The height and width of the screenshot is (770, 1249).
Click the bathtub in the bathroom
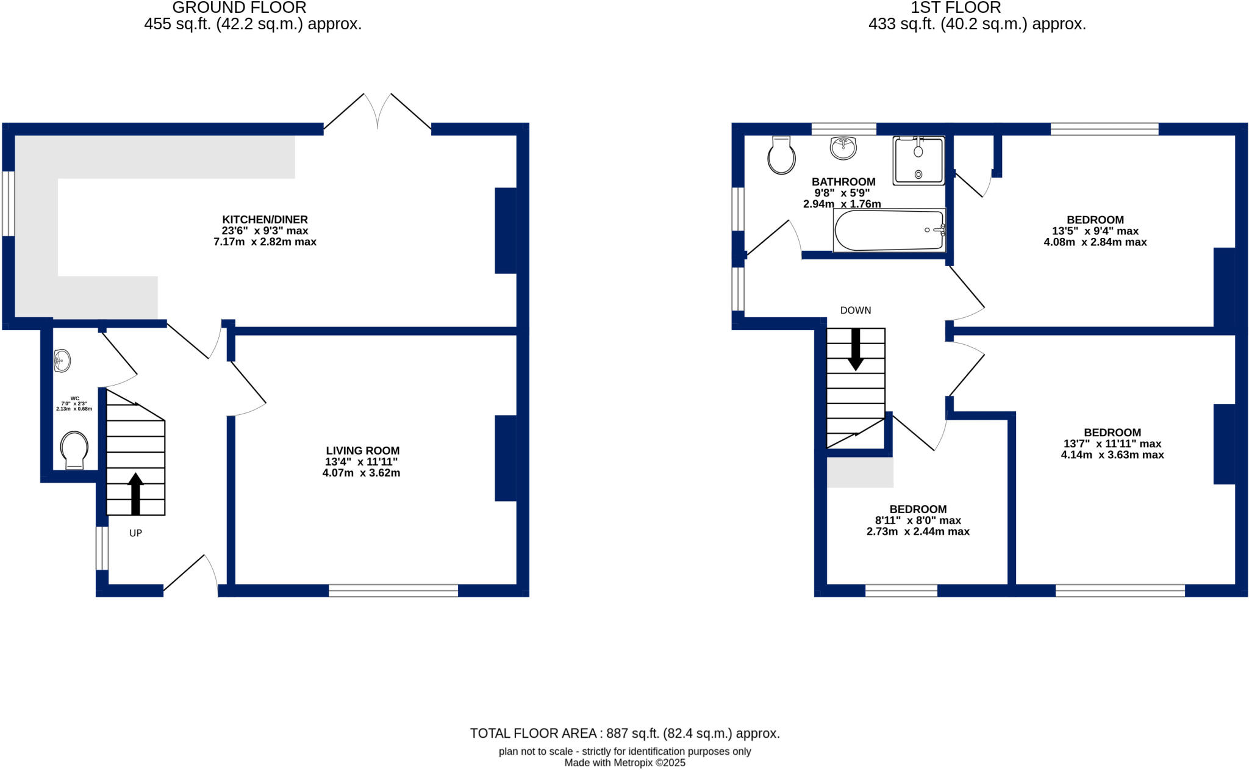point(889,230)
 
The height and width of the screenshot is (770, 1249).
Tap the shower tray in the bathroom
point(918,160)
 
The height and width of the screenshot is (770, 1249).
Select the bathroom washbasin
point(843,148)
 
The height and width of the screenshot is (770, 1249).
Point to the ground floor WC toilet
point(74,450)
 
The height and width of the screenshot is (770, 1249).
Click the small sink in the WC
point(62,361)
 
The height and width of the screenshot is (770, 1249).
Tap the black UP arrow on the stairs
point(135,493)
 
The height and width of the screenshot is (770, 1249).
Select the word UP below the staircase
point(135,533)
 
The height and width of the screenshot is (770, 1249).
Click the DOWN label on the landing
point(856,311)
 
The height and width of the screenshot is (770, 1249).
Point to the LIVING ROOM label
point(362,451)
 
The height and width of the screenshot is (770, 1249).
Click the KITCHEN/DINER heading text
point(265,220)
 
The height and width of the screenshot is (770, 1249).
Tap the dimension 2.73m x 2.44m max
point(918,531)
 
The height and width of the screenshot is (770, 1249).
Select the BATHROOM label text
point(843,182)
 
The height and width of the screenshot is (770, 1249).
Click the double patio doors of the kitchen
point(378,116)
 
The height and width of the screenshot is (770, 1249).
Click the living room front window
point(393,590)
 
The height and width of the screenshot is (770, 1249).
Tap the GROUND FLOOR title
point(239,8)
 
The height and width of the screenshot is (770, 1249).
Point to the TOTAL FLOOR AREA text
point(624,733)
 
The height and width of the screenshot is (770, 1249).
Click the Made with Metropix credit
point(624,763)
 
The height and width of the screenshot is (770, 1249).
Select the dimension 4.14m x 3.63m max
point(1112,455)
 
